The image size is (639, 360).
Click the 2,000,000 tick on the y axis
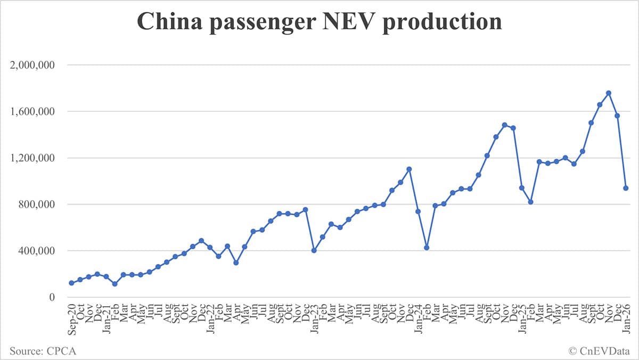click(33, 66)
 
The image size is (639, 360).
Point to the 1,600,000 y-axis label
click(33, 112)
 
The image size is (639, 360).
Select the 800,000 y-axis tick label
click(37, 204)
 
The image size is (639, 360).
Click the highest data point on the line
click(609, 93)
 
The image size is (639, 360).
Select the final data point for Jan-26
click(626, 188)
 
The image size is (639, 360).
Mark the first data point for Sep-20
click(71, 283)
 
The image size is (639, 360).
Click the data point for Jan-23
click(314, 250)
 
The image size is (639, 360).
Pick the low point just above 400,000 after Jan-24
click(427, 248)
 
